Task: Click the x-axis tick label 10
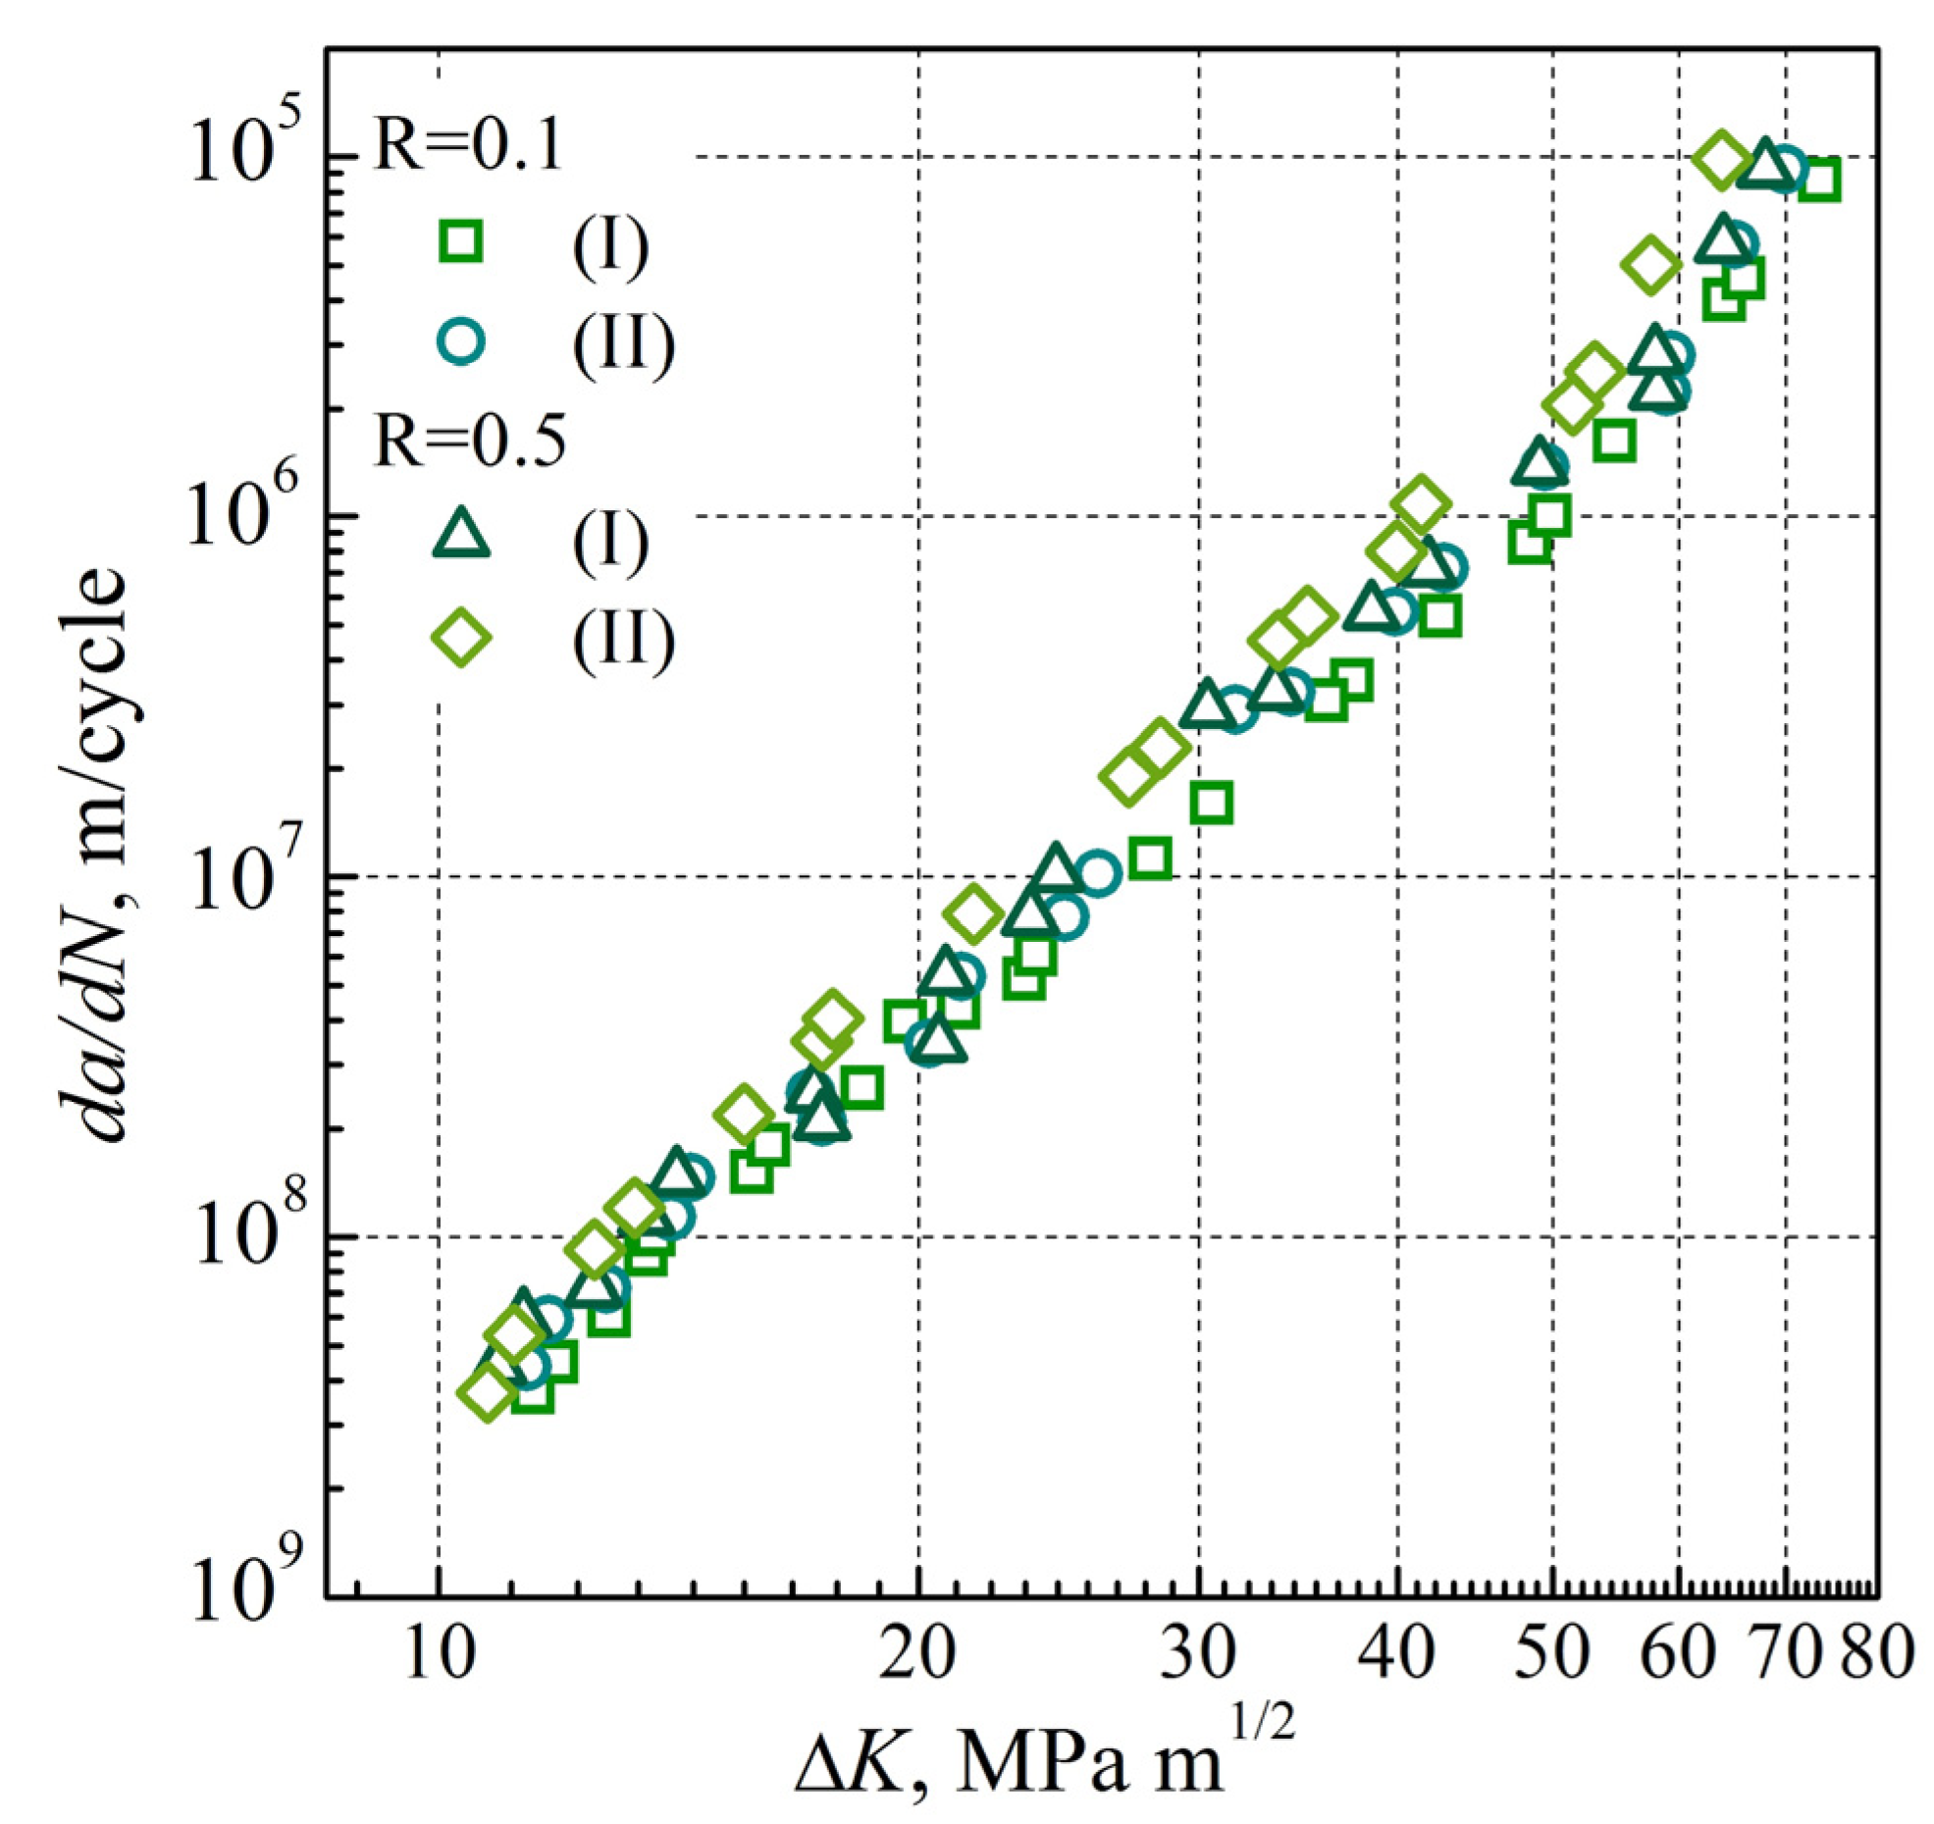pos(439,1653)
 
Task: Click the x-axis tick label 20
pos(917,1653)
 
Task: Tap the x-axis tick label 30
pos(1198,1653)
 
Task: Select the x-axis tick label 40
pos(1396,1653)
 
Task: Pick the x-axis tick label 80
pos(1876,1653)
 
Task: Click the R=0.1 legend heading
pos(469,146)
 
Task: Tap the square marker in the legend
pos(461,241)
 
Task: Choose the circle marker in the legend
pos(461,340)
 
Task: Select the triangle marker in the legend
pos(461,538)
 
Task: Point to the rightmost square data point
pos(1820,180)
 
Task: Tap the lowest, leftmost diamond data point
pos(488,1392)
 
